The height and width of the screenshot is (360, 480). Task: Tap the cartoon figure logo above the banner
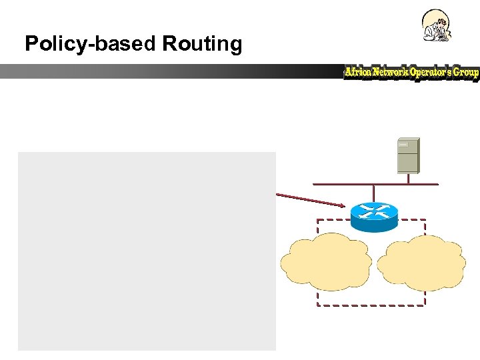point(437,26)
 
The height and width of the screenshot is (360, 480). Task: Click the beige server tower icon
point(408,155)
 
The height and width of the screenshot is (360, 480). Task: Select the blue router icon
point(373,215)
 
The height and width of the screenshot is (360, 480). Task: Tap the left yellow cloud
point(326,262)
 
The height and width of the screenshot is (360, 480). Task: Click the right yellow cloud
point(421,262)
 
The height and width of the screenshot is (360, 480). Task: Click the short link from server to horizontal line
point(408,178)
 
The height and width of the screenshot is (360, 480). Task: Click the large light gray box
point(147,251)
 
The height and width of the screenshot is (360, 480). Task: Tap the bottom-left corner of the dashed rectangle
point(317,305)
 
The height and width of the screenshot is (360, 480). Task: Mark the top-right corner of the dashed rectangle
point(425,220)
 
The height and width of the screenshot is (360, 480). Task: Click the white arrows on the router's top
point(373,210)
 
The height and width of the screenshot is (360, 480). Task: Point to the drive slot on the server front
point(404,145)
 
